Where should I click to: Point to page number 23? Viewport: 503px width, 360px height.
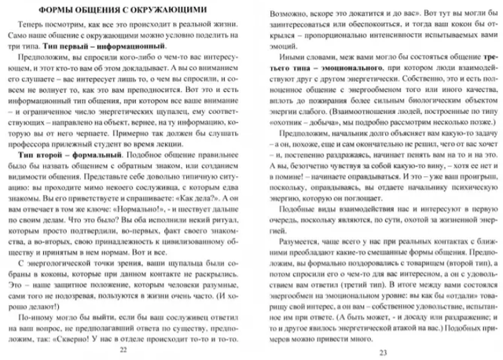coord(383,351)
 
